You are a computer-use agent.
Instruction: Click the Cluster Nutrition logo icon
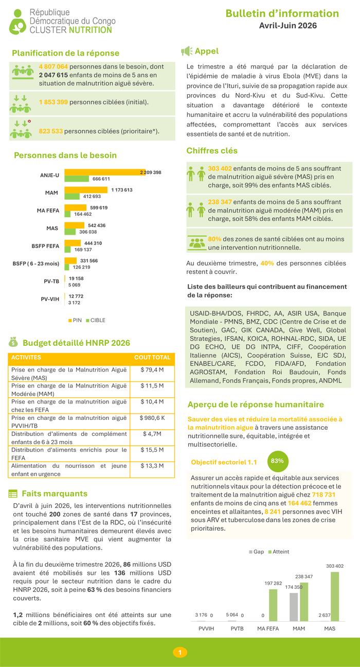[x=17, y=22]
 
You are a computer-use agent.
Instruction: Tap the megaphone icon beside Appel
[x=187, y=51]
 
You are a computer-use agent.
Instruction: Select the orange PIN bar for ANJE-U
[x=105, y=172]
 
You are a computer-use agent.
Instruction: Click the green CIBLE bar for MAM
[x=72, y=197]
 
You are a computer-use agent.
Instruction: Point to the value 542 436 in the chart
[x=97, y=225]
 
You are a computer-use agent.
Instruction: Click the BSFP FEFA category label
[x=45, y=246]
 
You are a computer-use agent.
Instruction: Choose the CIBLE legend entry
[x=96, y=320]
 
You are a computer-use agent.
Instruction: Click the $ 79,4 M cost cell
[x=152, y=370]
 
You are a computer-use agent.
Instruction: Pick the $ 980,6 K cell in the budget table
[x=152, y=418]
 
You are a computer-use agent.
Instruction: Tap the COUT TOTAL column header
[x=152, y=357]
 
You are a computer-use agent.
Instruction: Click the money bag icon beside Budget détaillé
[x=13, y=342]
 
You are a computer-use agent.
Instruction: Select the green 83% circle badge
[x=278, y=461]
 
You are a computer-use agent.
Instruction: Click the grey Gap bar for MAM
[x=294, y=607]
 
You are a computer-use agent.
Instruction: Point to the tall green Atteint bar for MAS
[x=335, y=596]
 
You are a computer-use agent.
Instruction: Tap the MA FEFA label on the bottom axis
[x=268, y=628]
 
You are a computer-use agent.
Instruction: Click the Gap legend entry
[x=256, y=552]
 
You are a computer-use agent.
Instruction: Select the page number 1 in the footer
[x=179, y=653]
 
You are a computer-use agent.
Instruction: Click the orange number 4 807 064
[x=53, y=66]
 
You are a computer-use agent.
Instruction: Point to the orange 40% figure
[x=267, y=263]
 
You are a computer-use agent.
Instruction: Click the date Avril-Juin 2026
[x=287, y=26]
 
